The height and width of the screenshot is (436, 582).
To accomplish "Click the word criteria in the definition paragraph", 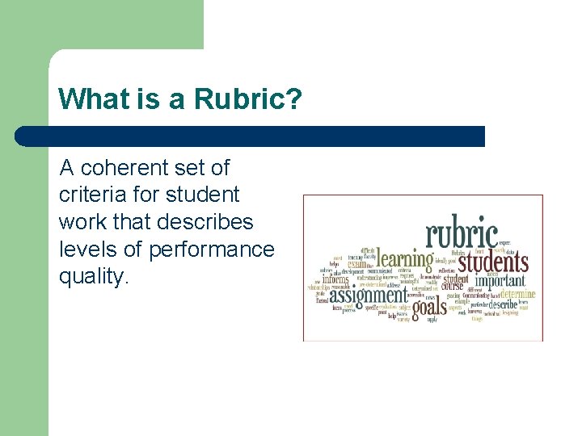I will click(91, 195).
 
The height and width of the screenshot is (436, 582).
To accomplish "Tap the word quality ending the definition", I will click(92, 277).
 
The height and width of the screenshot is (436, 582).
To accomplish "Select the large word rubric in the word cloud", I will click(462, 234).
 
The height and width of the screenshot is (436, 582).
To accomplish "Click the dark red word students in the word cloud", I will click(493, 262).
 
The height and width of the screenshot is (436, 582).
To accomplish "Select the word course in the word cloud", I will click(453, 287).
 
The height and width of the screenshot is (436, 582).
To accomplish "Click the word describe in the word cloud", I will click(503, 307).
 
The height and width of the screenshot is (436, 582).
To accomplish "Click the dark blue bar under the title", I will click(251, 136).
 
